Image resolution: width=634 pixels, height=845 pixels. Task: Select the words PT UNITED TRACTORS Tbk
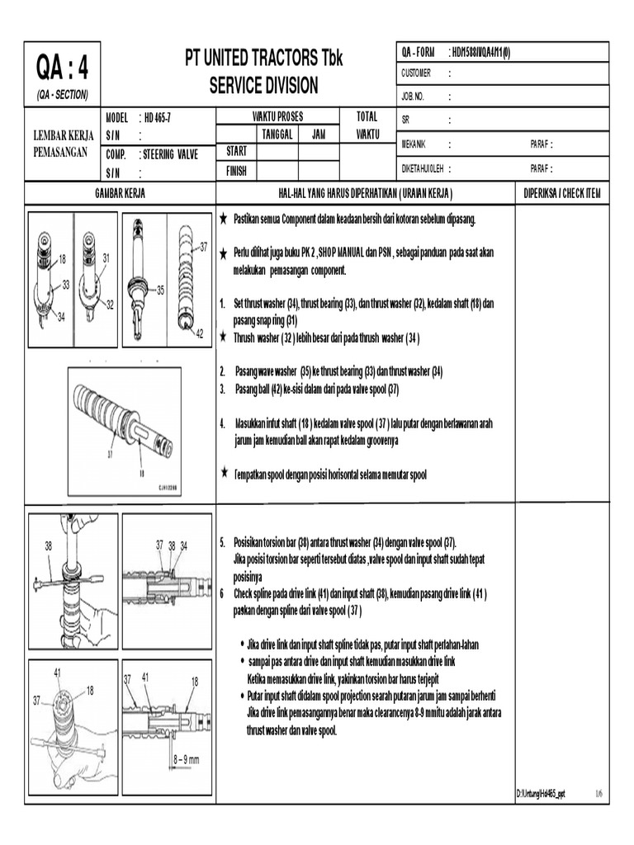[x=263, y=58]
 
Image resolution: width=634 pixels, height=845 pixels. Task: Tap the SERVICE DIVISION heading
[x=263, y=86]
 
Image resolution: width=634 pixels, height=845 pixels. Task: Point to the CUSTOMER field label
[x=416, y=73]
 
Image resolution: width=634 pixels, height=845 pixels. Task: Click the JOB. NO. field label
[x=413, y=97]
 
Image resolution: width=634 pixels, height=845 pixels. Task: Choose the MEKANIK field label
[x=414, y=144]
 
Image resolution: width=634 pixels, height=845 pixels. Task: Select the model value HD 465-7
[x=158, y=117]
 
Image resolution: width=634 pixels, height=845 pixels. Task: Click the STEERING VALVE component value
[x=171, y=154]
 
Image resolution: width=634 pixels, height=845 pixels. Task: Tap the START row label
[x=236, y=151]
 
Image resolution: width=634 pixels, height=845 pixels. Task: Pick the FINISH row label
[x=237, y=172]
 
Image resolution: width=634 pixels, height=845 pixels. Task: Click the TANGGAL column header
[x=277, y=135]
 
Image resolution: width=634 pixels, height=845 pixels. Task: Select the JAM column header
[x=318, y=135]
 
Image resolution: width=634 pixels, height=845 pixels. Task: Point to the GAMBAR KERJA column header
[x=120, y=192]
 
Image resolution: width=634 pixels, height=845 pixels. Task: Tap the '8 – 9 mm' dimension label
[x=187, y=758]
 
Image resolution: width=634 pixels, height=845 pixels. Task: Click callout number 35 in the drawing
[x=161, y=290]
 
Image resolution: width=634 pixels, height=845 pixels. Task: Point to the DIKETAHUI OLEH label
[x=423, y=168]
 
